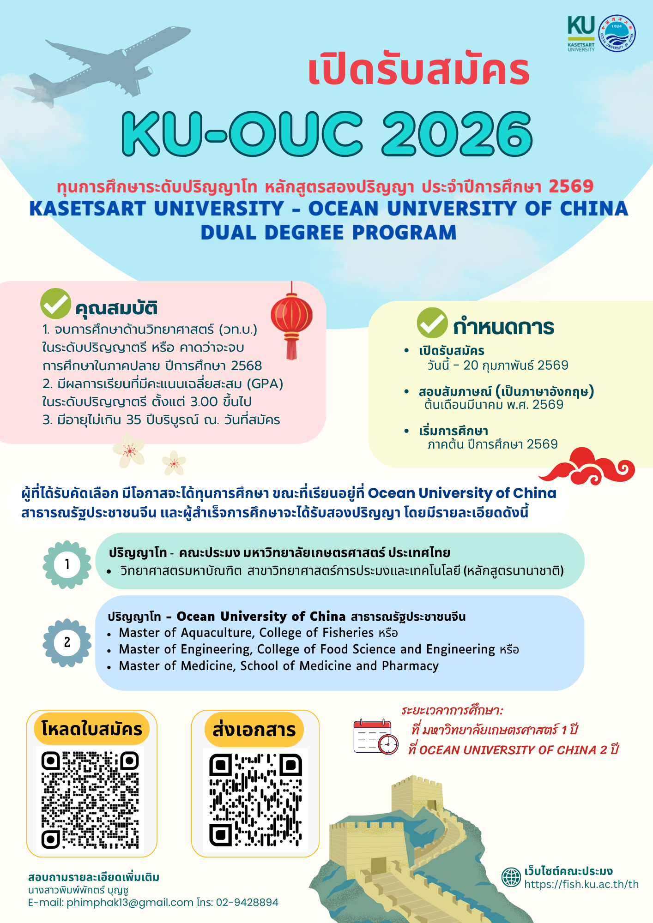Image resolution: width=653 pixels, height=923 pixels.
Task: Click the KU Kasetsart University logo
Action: [581, 33]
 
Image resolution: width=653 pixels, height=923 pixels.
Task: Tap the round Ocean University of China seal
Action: [617, 33]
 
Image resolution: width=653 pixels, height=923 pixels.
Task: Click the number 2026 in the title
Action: [457, 134]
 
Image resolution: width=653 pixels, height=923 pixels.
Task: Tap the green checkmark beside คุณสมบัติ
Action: [55, 304]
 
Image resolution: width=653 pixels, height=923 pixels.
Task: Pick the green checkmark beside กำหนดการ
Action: [432, 323]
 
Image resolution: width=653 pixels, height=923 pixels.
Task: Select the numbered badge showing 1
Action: [67, 564]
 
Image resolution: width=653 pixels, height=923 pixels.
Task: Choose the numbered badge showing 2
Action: [67, 642]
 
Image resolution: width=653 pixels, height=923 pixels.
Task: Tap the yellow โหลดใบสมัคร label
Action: [92, 729]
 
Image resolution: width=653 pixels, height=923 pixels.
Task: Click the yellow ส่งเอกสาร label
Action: [254, 729]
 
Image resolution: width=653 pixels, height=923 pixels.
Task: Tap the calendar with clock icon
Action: [375, 737]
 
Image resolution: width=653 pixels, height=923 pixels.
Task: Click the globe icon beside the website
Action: [511, 877]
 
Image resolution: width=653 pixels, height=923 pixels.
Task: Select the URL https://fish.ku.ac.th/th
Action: [581, 884]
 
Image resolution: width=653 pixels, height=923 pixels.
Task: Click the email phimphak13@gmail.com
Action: [130, 902]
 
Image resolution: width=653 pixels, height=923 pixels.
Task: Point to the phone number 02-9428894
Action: [247, 902]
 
